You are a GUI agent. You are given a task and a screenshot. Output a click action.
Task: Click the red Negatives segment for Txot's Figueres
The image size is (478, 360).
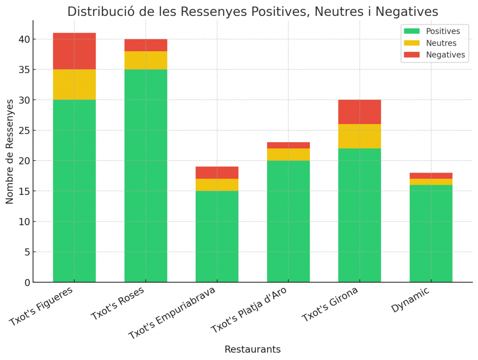[74, 51]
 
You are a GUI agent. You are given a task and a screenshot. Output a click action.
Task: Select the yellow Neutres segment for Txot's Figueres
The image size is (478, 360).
[74, 84]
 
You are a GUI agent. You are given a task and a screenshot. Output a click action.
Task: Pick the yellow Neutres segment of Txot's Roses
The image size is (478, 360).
[146, 60]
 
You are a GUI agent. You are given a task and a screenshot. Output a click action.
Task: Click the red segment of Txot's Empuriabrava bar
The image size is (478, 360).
[217, 173]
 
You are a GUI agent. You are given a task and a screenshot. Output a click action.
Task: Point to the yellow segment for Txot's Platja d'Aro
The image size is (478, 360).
[288, 154]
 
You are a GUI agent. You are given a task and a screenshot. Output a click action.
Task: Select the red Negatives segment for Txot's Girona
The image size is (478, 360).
[359, 112]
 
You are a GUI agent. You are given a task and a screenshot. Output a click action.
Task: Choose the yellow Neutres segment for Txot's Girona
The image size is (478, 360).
[359, 136]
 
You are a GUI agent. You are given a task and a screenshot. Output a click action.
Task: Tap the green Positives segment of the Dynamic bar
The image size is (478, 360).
[431, 233]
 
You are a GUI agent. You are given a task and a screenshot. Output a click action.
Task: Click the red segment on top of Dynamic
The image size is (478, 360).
[431, 176]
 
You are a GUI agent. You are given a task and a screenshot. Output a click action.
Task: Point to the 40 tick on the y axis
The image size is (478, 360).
[24, 40]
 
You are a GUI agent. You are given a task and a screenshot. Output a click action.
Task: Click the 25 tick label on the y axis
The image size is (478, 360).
[24, 131]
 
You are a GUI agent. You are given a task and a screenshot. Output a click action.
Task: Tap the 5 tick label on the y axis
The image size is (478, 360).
[27, 252]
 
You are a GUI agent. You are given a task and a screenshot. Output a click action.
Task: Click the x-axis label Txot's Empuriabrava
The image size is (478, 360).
[172, 313]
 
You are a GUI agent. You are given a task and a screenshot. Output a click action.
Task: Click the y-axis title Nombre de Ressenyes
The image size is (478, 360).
[10, 151]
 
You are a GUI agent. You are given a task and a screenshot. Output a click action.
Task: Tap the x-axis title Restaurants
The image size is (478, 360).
[253, 349]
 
